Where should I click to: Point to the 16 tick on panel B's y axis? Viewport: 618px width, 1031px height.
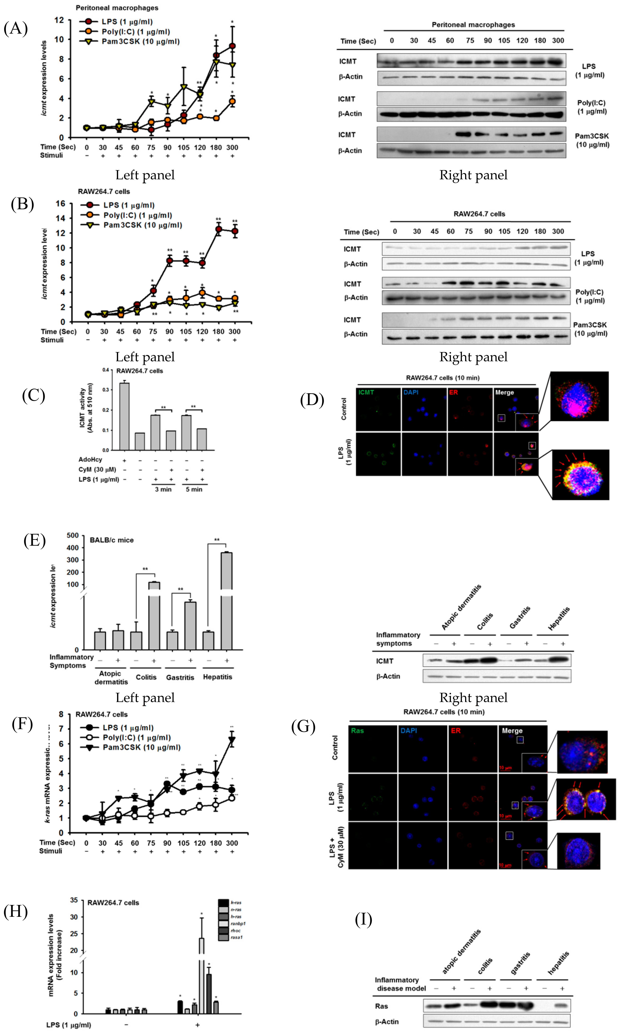click(x=60, y=204)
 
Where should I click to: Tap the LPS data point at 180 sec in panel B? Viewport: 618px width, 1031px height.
click(x=218, y=229)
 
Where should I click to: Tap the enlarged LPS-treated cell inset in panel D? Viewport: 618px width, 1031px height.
click(x=580, y=475)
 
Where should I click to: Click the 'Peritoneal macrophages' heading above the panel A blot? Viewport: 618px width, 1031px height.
click(x=473, y=25)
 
